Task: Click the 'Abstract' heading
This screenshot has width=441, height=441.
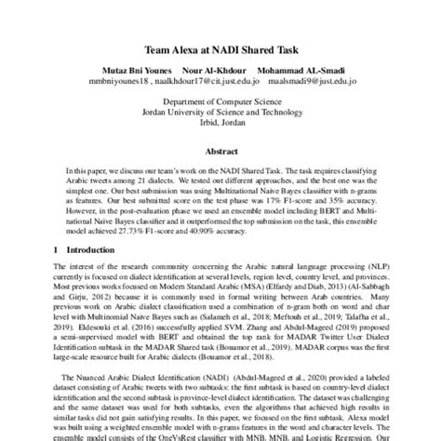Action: [x=220, y=151]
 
